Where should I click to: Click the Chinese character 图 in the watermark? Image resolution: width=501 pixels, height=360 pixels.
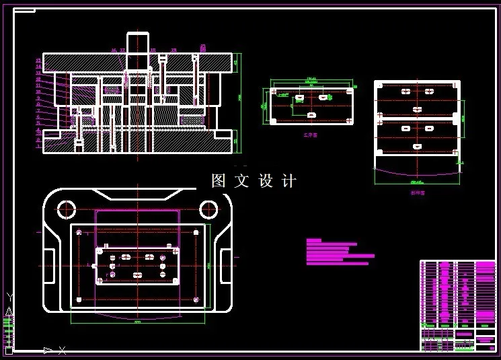[219, 181]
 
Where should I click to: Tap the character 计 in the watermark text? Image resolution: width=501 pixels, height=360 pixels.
[288, 181]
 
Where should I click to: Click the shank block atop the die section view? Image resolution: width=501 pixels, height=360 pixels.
[137, 42]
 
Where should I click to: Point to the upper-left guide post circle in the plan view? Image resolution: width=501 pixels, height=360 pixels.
[66, 209]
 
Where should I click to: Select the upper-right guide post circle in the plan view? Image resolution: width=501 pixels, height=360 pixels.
[207, 209]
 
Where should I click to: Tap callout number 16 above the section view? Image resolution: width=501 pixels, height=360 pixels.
[114, 50]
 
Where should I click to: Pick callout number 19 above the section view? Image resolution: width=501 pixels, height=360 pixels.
[174, 50]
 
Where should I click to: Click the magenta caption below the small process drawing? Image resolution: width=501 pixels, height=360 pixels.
[310, 135]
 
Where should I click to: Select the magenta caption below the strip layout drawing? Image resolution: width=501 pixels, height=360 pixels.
[418, 193]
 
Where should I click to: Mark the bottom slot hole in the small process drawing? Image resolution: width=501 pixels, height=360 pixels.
[311, 115]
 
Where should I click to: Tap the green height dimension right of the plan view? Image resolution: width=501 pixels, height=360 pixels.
[209, 266]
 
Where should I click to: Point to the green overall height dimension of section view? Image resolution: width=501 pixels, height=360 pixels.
[240, 98]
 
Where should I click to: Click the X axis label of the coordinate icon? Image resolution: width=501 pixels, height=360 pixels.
[62, 350]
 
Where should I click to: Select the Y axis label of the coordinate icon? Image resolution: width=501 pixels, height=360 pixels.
[9, 297]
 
